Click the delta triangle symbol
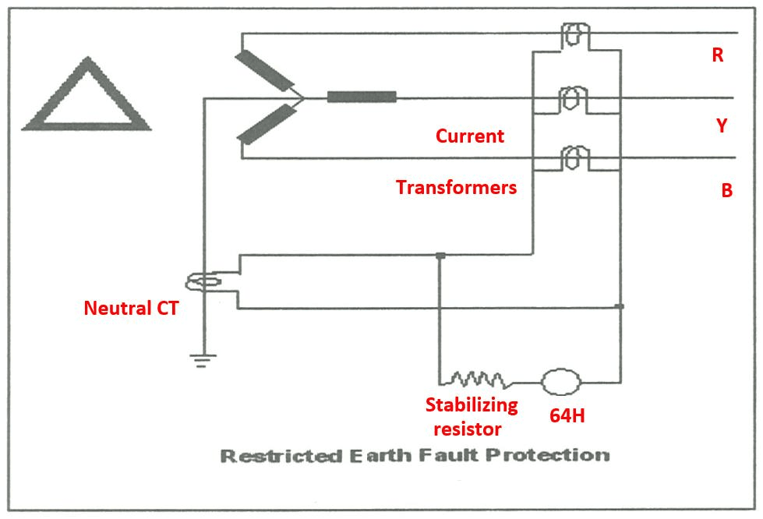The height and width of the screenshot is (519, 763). click(85, 97)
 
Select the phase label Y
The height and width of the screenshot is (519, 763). click(722, 125)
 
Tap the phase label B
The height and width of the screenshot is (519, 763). click(726, 191)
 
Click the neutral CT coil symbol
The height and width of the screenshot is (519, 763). click(205, 282)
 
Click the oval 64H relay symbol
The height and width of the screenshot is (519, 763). click(561, 382)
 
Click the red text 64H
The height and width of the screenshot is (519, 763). click(567, 416)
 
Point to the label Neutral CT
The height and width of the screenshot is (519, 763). click(131, 309)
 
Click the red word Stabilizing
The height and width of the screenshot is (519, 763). click(471, 405)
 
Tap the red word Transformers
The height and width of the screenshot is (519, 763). click(456, 188)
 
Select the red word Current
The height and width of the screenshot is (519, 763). click(469, 136)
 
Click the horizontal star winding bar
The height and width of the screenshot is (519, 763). click(361, 97)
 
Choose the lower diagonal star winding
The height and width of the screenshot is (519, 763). click(266, 125)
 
